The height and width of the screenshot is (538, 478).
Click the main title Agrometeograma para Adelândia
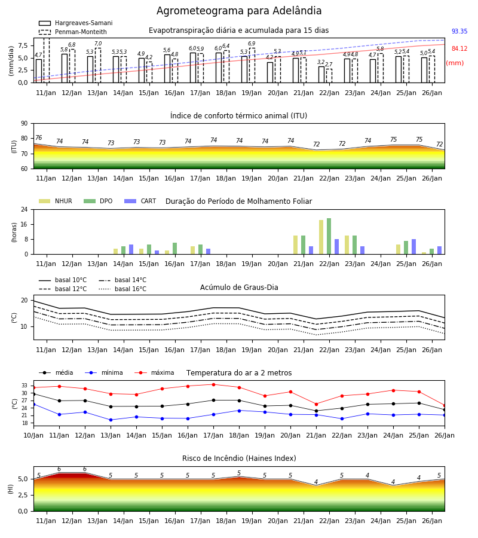click(x=239, y=11)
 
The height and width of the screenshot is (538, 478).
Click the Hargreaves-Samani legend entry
click(x=75, y=23)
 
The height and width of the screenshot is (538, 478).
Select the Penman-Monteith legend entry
click(x=73, y=32)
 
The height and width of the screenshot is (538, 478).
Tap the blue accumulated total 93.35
click(x=459, y=31)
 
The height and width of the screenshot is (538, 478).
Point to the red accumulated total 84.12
click(x=459, y=48)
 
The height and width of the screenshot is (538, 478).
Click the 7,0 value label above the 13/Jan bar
click(x=98, y=44)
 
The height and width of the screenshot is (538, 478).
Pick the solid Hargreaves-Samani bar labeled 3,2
click(x=321, y=75)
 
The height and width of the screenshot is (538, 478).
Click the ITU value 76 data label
click(x=38, y=137)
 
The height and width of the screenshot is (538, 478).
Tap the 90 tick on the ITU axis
click(x=24, y=124)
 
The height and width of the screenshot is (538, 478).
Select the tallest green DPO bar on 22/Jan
click(x=329, y=236)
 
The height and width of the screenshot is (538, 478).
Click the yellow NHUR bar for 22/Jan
click(x=321, y=237)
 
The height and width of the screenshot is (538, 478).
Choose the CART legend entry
click(x=140, y=201)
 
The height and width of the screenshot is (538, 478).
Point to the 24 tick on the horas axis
click(x=24, y=209)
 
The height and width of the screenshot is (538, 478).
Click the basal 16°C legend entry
click(x=122, y=289)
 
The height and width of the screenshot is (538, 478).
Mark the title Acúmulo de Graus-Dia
click(x=239, y=288)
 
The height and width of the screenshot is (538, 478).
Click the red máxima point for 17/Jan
click(x=214, y=384)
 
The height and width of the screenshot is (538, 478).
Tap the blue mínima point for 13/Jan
click(x=111, y=420)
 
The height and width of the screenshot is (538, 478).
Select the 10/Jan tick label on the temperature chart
click(x=33, y=435)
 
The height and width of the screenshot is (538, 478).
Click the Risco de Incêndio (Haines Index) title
click(x=239, y=458)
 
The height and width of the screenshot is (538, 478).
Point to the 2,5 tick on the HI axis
click(x=23, y=495)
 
